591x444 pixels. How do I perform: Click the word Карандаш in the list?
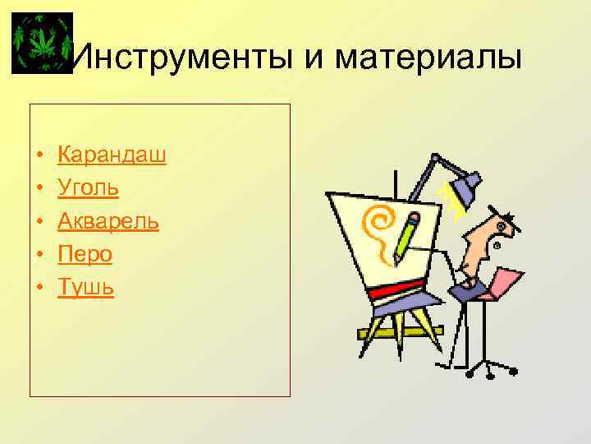(112, 155)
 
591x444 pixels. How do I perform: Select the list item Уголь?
(88, 188)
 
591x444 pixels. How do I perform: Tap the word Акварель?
(108, 221)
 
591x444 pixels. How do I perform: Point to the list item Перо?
(85, 255)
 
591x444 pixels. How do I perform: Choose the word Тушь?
(85, 288)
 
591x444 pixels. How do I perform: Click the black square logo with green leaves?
(43, 44)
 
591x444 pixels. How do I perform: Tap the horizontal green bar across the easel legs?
(400, 332)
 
